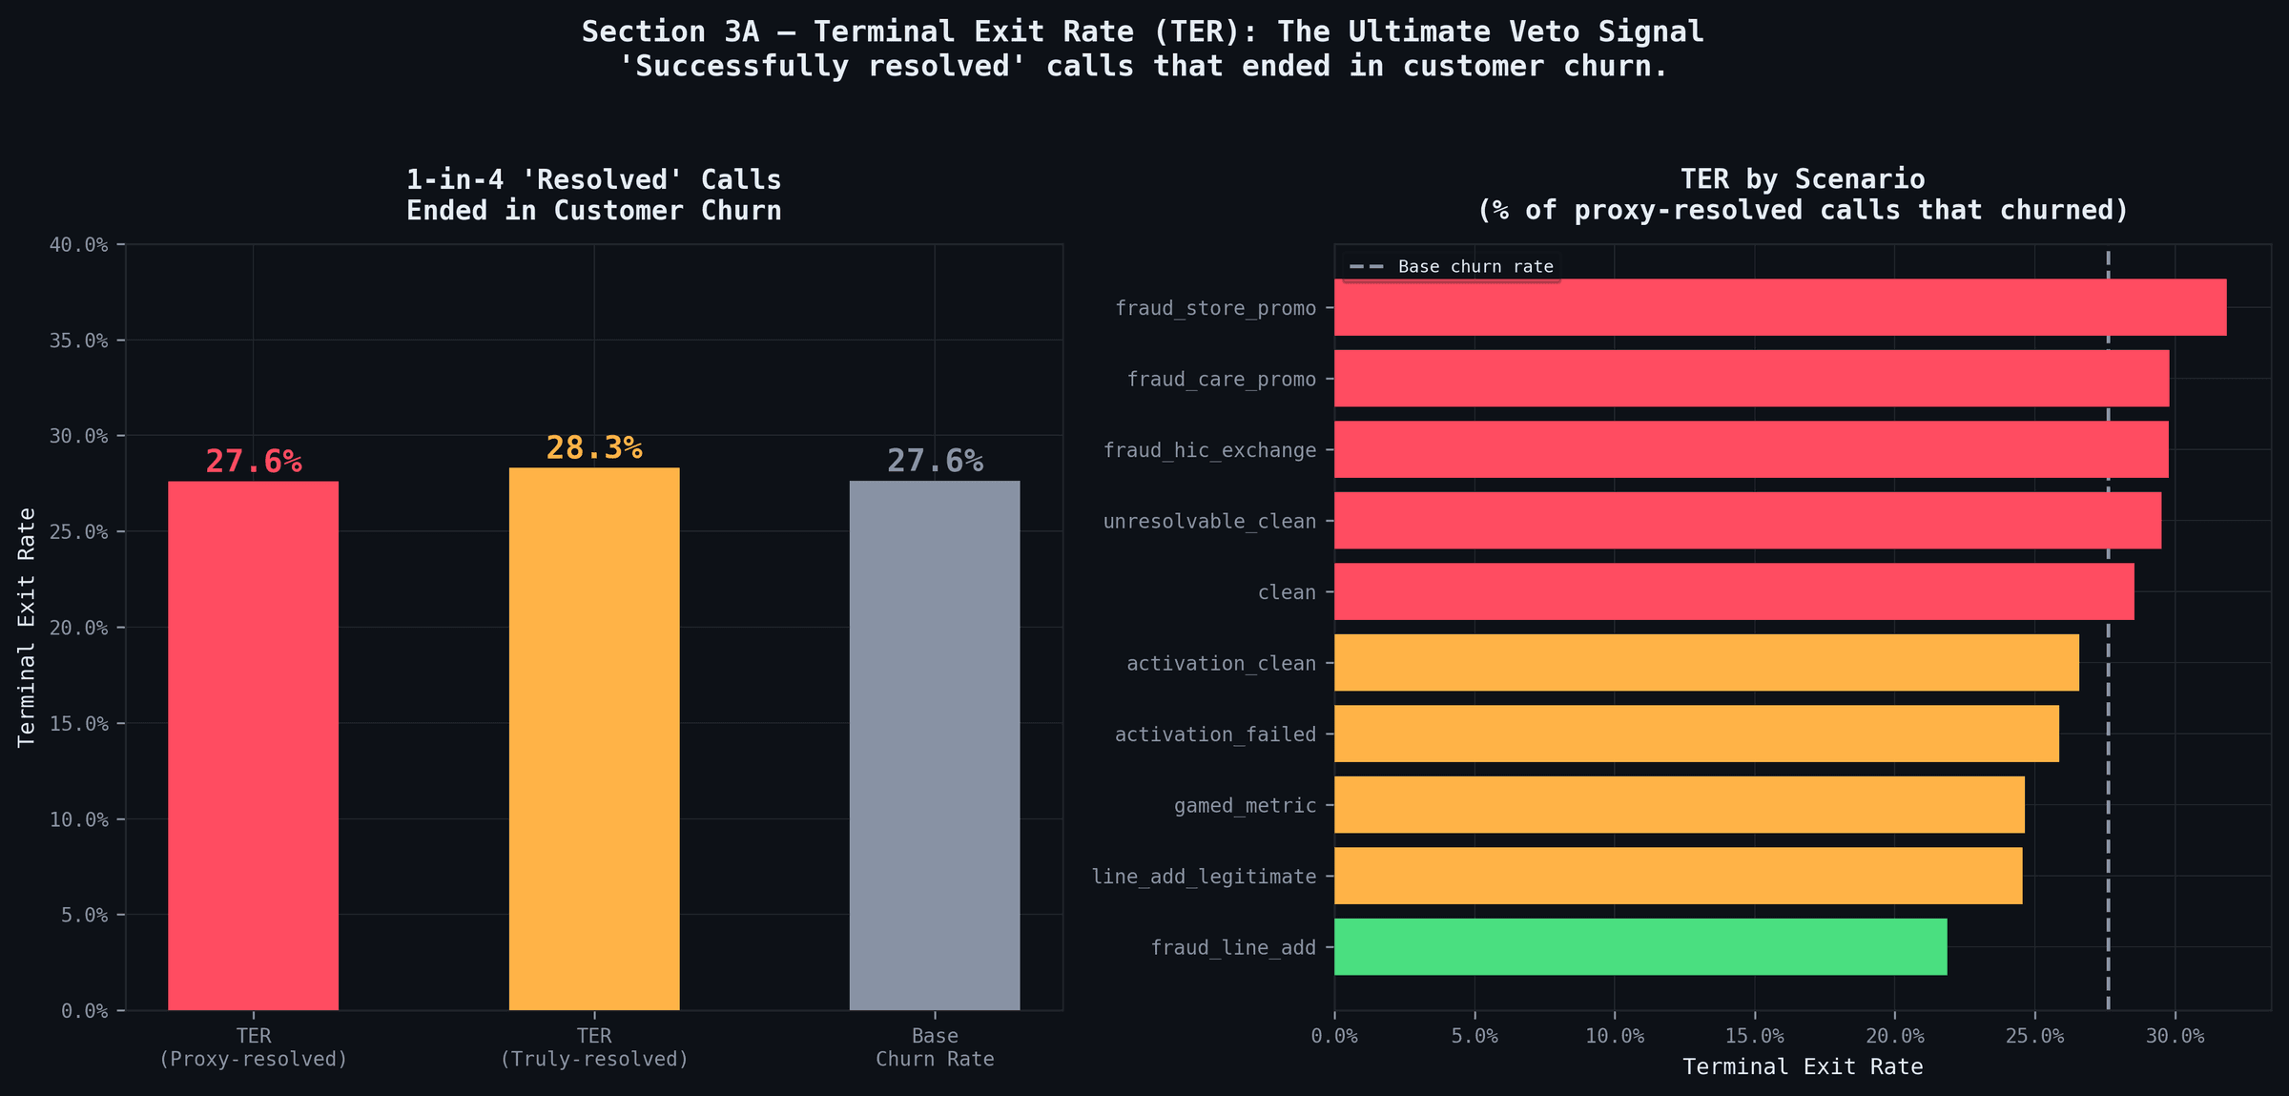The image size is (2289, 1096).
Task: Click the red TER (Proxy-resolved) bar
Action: point(253,744)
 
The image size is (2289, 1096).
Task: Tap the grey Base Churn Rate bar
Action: point(935,744)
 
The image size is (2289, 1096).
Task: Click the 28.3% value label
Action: point(594,447)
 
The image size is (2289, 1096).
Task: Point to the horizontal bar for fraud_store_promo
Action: point(1780,307)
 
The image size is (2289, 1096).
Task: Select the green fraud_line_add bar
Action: point(1640,947)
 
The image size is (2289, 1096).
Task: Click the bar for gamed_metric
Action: point(1679,805)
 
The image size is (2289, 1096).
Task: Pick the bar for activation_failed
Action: point(1696,734)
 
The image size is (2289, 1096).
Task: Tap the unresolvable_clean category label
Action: point(1209,522)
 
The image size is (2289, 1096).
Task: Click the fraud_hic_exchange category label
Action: point(1209,450)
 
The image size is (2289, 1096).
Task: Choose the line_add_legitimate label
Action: point(1204,877)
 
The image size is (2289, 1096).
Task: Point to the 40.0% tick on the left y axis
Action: point(78,245)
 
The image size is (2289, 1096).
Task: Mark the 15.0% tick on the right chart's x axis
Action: point(1755,1036)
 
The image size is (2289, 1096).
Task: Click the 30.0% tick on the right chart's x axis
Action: point(2175,1036)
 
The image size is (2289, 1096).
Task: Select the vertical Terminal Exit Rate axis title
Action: point(27,627)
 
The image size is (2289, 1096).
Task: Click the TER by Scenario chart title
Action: point(1803,195)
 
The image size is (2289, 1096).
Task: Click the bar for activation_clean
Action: point(1706,663)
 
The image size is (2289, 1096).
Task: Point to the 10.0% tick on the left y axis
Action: point(78,819)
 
